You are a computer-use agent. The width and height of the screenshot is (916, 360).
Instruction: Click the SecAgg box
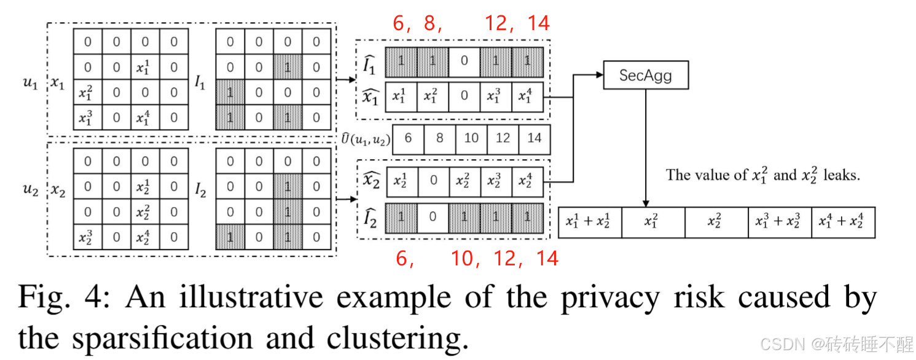pos(646,76)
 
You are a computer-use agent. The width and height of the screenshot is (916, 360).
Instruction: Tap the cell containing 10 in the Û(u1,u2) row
pos(471,138)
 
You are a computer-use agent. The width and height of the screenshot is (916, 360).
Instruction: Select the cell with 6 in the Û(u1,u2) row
pos(408,138)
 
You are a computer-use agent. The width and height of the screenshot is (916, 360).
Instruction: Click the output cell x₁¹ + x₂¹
pos(590,222)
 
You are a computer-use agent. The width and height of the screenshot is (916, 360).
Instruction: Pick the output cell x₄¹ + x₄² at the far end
pos(843,222)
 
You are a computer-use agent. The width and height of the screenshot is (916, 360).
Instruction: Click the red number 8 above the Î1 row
pos(429,23)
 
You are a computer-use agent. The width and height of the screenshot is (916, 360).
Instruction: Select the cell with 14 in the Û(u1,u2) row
pos(534,138)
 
